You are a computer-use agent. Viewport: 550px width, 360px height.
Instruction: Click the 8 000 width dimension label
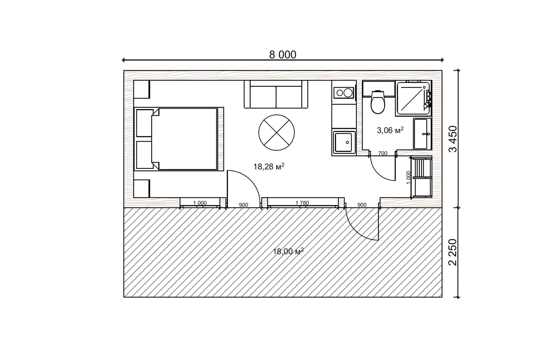283,55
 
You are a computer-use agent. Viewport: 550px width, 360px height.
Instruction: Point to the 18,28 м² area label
269,166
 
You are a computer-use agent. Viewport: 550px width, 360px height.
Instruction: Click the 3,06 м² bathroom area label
390,130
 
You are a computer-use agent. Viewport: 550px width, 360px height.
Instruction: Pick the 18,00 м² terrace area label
288,251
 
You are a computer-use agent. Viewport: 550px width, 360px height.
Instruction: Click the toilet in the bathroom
378,102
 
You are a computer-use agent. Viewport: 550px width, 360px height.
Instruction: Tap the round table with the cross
277,133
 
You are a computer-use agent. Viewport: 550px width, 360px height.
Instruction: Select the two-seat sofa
276,94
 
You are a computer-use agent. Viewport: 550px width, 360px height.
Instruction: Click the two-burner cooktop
344,92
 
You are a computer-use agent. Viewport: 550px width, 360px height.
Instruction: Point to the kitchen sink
344,142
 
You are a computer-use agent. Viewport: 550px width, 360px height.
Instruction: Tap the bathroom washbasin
422,134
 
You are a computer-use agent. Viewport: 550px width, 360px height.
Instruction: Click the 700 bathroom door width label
383,153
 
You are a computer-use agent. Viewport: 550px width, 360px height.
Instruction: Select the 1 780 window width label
302,203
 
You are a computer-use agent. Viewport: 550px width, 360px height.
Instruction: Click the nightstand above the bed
142,89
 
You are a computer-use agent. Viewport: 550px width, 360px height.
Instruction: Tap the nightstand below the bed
142,188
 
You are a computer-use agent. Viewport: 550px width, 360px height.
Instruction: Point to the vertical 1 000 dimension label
409,178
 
